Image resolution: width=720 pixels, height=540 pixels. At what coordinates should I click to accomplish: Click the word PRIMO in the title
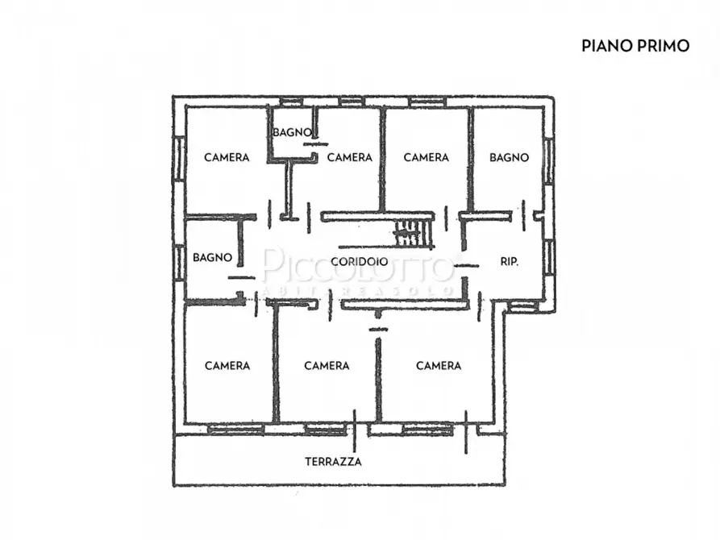click(664, 45)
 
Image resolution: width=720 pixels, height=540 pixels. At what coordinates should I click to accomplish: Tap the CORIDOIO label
click(360, 262)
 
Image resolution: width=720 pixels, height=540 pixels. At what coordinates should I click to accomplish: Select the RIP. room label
click(509, 262)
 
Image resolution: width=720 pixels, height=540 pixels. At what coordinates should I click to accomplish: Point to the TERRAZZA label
click(333, 462)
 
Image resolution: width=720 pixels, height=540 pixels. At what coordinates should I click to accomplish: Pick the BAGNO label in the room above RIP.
click(509, 157)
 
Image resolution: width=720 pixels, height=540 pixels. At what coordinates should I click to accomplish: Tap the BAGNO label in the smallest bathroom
click(289, 132)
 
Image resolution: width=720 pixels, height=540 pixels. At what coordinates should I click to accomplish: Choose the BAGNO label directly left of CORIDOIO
click(212, 258)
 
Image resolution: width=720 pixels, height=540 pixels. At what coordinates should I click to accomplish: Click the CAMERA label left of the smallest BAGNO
click(227, 157)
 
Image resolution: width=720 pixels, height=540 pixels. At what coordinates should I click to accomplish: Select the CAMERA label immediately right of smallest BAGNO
click(350, 157)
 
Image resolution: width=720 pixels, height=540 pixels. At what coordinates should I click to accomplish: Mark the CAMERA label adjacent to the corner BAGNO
click(426, 157)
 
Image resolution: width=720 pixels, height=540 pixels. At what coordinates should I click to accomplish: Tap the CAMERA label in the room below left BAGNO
click(227, 365)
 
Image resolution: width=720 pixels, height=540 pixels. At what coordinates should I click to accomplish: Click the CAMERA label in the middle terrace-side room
click(327, 365)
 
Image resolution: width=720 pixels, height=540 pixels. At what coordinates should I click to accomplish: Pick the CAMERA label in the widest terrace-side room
click(439, 365)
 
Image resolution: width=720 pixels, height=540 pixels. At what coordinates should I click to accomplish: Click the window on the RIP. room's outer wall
click(548, 257)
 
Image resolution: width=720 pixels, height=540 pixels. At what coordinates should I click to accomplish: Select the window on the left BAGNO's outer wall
click(178, 263)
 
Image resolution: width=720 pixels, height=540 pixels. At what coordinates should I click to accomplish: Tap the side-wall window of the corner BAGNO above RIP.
click(548, 160)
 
